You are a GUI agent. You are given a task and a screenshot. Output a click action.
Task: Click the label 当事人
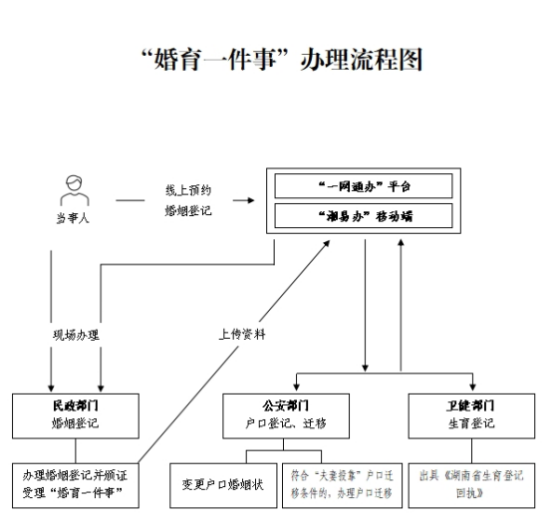coord(72,218)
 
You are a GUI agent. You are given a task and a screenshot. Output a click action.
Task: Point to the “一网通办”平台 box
coord(364,186)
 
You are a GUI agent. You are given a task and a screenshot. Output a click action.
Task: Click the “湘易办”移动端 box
coord(364,216)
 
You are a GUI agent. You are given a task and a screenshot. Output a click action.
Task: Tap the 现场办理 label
coord(76,335)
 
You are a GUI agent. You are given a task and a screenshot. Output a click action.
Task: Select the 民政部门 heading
coord(76,406)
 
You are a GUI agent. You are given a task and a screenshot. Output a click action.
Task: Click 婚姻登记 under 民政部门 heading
coord(76,423)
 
